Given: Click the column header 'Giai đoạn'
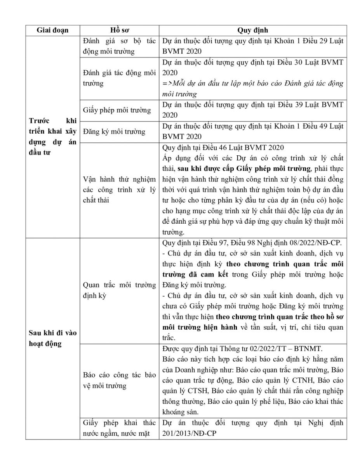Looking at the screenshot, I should pyautogui.click(x=52, y=30).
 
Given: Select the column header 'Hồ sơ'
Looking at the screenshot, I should pyautogui.click(x=119, y=30).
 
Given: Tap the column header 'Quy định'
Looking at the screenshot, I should pyautogui.click(x=252, y=30).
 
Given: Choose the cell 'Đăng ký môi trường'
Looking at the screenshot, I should pyautogui.click(x=114, y=132).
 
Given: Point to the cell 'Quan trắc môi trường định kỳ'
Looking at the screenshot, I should pyautogui.click(x=119, y=290).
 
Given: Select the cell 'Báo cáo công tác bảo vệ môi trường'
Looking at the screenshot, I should pyautogui.click(x=119, y=381).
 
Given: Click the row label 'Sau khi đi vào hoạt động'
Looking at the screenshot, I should pyautogui.click(x=52, y=338).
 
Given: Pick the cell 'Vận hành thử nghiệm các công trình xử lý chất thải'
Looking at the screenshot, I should pyautogui.click(x=119, y=189).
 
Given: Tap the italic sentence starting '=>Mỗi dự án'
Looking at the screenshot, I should pyautogui.click(x=252, y=89).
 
